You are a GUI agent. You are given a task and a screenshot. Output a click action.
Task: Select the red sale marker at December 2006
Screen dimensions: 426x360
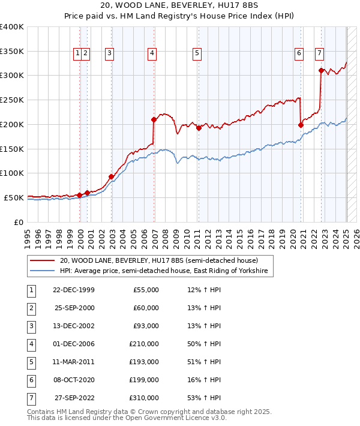154,119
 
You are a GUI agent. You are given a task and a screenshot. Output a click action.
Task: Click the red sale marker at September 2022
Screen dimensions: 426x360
321,70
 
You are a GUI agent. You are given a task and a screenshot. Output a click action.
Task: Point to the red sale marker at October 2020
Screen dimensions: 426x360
301,125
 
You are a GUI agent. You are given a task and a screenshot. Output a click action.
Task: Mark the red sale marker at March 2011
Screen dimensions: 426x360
199,128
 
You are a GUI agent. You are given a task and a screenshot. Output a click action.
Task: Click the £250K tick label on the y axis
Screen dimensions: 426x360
11,100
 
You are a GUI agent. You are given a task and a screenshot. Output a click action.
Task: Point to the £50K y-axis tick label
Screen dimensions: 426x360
14,197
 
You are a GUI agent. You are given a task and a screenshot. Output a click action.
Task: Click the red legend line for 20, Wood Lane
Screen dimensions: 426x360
41,261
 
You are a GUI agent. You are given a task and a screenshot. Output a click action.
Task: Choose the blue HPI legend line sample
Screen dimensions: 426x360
41,271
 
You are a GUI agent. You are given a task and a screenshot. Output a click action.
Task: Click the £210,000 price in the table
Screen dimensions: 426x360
144,344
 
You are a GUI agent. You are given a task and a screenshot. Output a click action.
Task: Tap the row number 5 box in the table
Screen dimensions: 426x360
30,362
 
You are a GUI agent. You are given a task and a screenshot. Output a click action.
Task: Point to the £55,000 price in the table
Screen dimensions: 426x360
146,290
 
